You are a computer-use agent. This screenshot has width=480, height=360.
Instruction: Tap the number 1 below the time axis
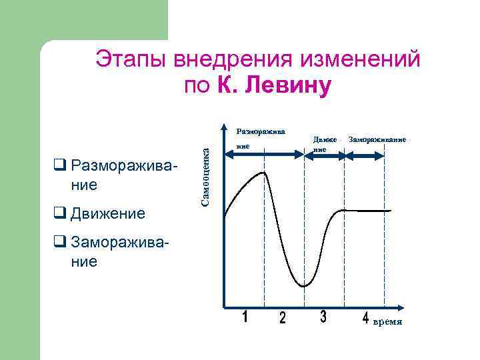click(245, 317)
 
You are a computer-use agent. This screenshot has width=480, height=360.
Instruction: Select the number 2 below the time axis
click(282, 319)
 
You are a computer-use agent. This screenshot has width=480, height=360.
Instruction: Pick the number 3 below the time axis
click(323, 317)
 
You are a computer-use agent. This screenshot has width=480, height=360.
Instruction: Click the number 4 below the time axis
click(365, 319)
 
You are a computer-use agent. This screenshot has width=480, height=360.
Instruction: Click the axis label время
click(387, 322)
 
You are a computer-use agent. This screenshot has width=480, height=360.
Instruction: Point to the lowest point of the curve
click(303, 286)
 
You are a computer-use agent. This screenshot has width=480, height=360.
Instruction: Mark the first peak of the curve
click(265, 173)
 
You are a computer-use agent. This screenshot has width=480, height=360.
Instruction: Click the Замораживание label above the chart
click(377, 140)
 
